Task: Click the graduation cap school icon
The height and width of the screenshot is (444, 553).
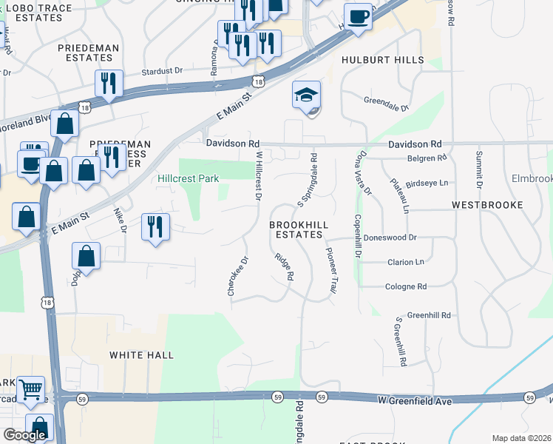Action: click(x=306, y=95)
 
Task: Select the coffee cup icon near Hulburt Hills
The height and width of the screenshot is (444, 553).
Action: click(x=358, y=16)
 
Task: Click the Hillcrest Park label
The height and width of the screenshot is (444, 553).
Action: click(x=188, y=178)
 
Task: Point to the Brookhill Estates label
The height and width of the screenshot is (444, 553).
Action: click(x=296, y=229)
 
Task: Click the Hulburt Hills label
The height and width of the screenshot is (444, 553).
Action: click(x=383, y=60)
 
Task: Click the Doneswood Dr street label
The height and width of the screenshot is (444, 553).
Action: click(x=391, y=238)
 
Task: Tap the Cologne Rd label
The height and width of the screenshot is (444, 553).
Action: click(x=406, y=286)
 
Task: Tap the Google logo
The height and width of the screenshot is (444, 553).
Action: click(x=24, y=435)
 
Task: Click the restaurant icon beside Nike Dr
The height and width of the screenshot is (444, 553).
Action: click(x=155, y=227)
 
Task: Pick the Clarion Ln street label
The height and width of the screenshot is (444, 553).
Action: click(x=406, y=262)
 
